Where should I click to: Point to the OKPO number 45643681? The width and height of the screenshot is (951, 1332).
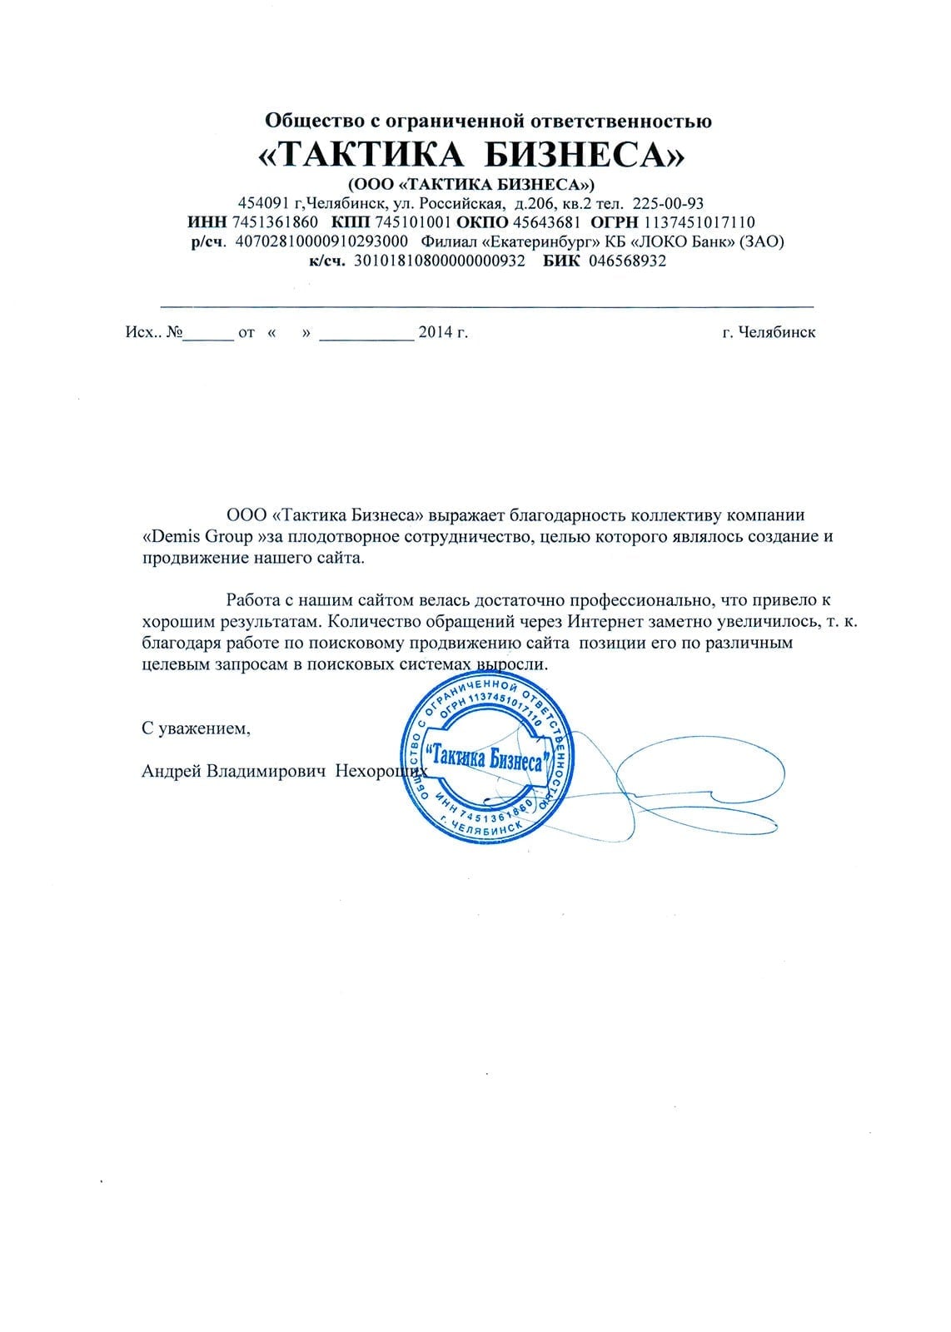click(546, 222)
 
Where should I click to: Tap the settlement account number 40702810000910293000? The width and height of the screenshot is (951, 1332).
click(321, 241)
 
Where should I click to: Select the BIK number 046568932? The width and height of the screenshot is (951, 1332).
click(628, 261)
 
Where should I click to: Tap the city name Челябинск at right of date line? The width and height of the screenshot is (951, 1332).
click(780, 333)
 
